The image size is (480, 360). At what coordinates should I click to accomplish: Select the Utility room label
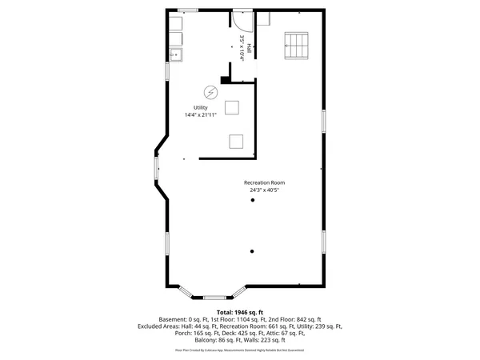coord(200,108)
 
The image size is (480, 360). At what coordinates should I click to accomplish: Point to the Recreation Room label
coord(264,182)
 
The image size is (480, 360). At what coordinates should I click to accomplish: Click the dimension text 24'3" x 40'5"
coord(264,190)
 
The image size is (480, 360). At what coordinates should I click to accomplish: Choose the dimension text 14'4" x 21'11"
coord(201,115)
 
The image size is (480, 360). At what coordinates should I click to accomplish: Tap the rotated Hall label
coord(250,49)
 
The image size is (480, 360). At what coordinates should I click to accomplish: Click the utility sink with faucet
coord(175,54)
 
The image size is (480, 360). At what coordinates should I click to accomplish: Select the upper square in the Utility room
coord(233,107)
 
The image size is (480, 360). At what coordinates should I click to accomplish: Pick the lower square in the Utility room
coord(237,141)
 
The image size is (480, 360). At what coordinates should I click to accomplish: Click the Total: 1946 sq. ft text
coord(240,312)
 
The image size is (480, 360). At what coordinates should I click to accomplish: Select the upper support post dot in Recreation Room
coord(251,202)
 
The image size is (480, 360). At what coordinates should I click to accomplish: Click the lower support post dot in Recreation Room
coord(251,251)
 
